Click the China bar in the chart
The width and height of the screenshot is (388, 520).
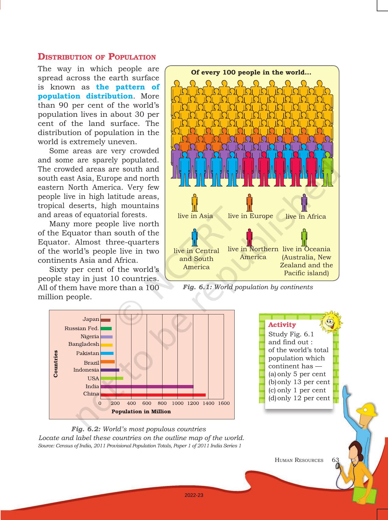coord(153,395)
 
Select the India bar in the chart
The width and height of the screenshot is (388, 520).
coord(147,387)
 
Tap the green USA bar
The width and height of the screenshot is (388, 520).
coord(112,378)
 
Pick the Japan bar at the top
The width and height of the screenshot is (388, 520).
coord(105,320)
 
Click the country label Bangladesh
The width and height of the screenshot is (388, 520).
coord(84,344)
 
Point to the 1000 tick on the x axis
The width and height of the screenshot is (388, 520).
coord(178,403)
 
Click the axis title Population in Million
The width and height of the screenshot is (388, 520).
coord(141,411)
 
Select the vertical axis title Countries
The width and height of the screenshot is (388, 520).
coord(56,364)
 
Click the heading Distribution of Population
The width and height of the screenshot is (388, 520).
coord(97,57)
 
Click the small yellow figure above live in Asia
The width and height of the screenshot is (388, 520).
coord(194,203)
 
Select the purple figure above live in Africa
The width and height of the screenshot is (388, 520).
coord(304,203)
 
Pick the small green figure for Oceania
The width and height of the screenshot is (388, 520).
coord(304,238)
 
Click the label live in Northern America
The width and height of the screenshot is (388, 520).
coord(253,253)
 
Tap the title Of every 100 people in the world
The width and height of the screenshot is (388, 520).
coord(251,73)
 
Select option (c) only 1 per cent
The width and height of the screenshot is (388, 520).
coord(297,390)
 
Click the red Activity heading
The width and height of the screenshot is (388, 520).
coord(282,325)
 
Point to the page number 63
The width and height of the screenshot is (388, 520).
coord(335,460)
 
